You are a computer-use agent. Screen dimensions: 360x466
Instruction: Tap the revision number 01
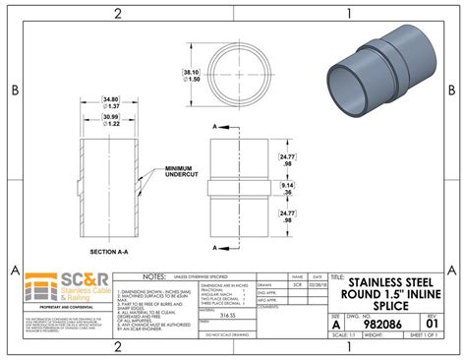[432, 322]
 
